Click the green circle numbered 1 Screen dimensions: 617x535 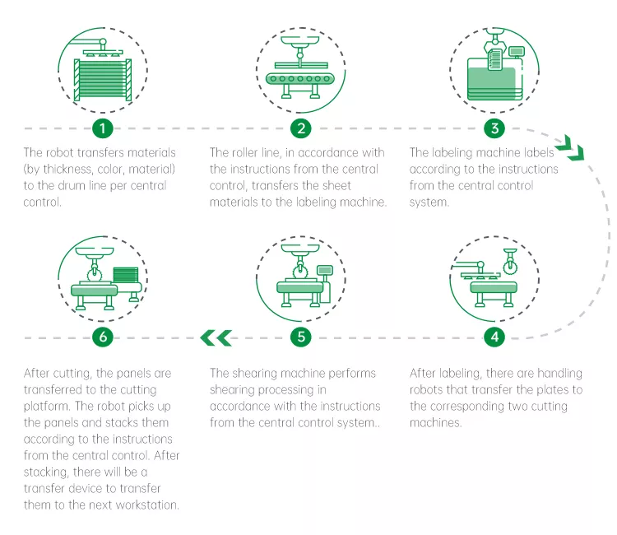(x=103, y=128)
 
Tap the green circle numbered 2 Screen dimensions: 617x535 (x=301, y=128)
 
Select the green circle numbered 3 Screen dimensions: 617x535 (x=494, y=128)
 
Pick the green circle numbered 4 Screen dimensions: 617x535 (x=494, y=337)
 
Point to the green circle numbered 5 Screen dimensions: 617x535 (x=301, y=337)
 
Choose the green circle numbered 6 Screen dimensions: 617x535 (x=103, y=337)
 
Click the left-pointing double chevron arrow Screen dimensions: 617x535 (x=216, y=337)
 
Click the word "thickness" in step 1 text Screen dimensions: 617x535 (x=67, y=170)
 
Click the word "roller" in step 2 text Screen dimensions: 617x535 (x=245, y=153)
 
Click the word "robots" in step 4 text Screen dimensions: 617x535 (x=426, y=390)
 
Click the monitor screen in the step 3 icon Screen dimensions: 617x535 (x=517, y=52)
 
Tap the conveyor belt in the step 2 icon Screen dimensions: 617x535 (x=299, y=79)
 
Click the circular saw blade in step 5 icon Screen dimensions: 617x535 (x=299, y=272)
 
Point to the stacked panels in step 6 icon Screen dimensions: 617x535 (x=126, y=275)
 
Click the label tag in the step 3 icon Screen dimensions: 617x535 (x=495, y=59)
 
